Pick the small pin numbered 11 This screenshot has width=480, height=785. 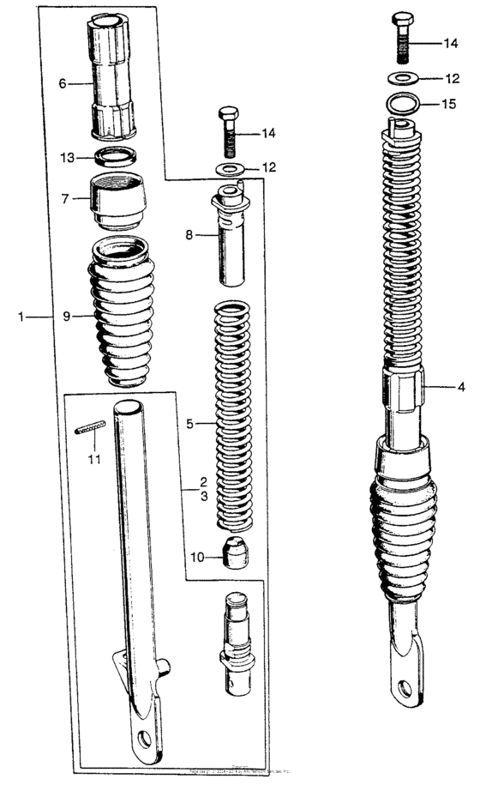[90, 426]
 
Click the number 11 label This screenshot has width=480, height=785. [93, 459]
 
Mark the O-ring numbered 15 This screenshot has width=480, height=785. [403, 104]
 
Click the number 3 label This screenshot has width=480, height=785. [204, 497]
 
